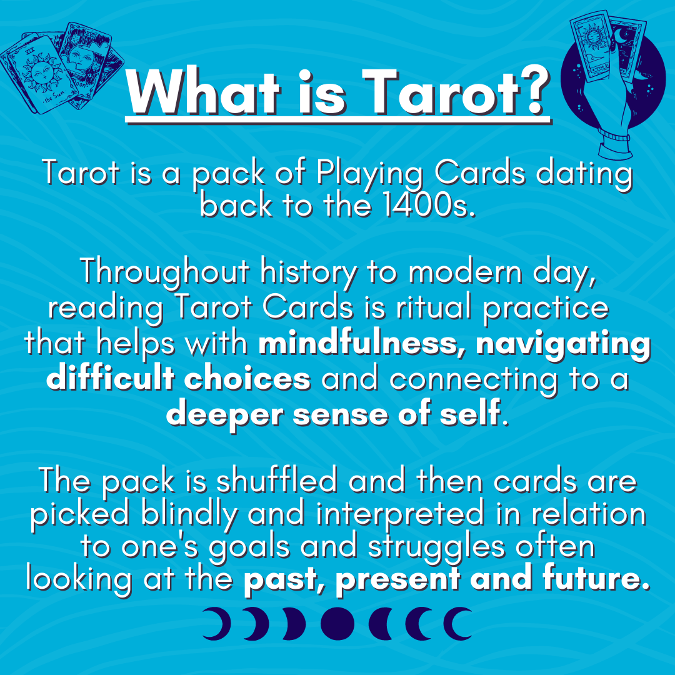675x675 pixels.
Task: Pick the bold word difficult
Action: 109,378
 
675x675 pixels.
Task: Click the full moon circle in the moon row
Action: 337,623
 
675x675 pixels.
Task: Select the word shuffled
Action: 276,481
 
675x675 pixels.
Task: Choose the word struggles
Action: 436,548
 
